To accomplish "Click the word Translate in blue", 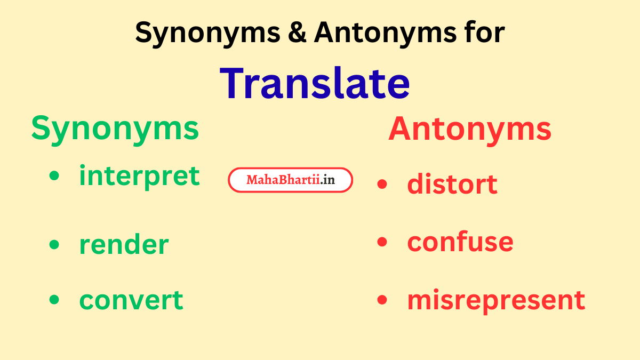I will click(x=315, y=83).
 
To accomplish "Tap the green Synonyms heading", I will click(x=115, y=129).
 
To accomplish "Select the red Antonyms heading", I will click(x=469, y=129).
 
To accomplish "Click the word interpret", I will click(x=139, y=176).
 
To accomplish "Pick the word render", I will click(x=124, y=244).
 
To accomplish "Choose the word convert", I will click(x=131, y=300).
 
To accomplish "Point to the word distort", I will click(x=452, y=184).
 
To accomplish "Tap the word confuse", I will click(x=460, y=242).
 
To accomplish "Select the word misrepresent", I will click(x=496, y=300).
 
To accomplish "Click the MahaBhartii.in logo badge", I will click(x=291, y=180).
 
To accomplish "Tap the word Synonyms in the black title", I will click(x=207, y=33).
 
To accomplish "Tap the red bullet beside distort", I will click(x=382, y=185).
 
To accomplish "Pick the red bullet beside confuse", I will click(x=382, y=242).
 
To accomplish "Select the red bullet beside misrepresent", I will click(x=382, y=300).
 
